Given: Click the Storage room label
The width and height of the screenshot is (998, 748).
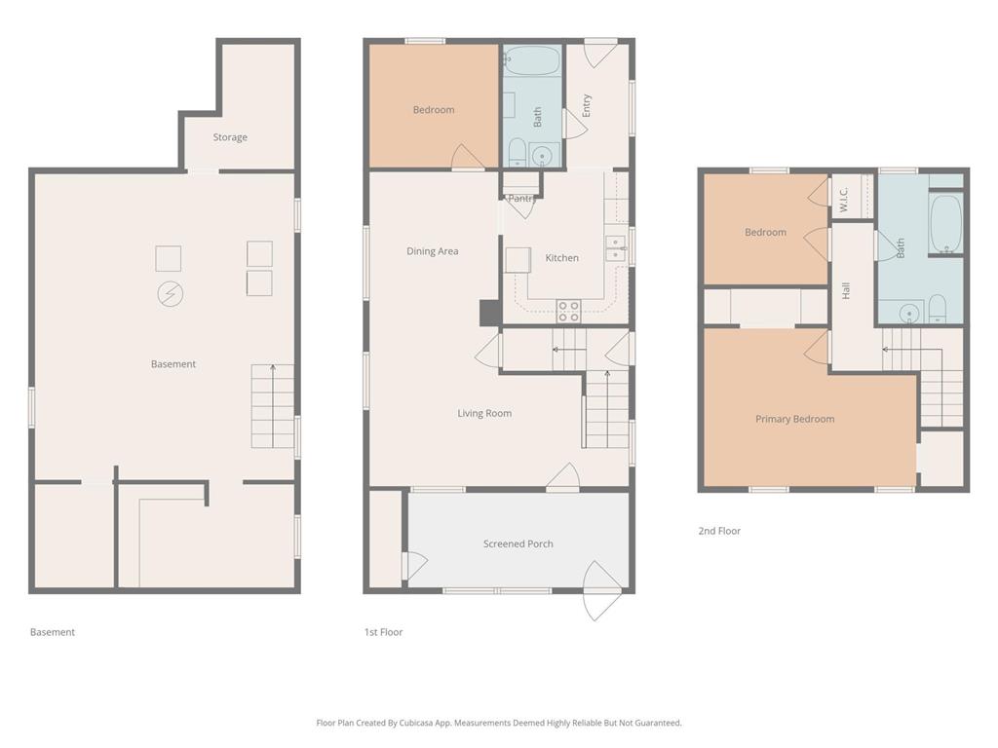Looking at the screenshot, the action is click(230, 137).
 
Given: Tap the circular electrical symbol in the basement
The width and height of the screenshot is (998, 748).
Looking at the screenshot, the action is click(171, 294).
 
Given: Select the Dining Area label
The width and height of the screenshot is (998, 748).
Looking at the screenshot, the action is click(432, 251).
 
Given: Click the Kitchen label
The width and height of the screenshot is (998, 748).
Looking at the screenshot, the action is click(562, 257).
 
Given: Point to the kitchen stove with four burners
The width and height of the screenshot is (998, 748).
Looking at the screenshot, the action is click(568, 311).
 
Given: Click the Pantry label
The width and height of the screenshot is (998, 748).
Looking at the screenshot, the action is click(521, 199).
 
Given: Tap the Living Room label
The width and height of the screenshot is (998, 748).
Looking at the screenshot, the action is click(484, 413).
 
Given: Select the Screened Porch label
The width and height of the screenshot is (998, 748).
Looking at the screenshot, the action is click(518, 543).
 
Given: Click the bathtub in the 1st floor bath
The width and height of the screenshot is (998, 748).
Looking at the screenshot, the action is click(532, 61).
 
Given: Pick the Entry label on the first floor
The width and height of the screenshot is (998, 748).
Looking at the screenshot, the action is click(586, 105).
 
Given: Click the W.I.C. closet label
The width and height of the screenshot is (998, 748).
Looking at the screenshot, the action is click(843, 199).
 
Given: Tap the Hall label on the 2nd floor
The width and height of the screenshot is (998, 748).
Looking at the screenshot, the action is click(846, 290).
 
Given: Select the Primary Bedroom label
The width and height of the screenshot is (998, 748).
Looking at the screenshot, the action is click(795, 419).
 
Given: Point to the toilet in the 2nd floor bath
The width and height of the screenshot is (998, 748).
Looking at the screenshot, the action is click(937, 309).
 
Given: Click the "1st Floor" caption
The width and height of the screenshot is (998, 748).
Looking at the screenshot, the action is click(383, 632).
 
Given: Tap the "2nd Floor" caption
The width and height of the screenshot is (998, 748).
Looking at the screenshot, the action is click(719, 531).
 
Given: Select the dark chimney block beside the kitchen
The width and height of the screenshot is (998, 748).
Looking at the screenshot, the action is click(489, 313).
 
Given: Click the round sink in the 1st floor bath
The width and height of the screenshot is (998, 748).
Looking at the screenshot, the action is click(542, 156).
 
